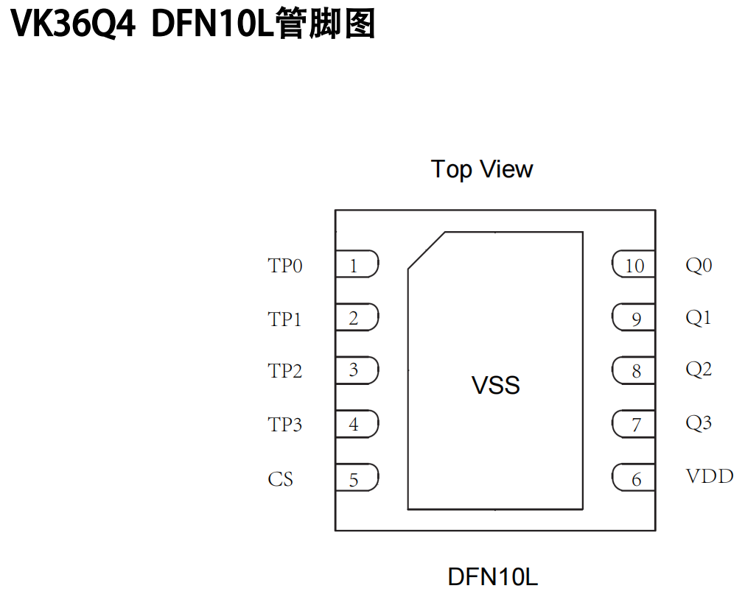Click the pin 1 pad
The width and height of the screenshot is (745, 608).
tap(357, 265)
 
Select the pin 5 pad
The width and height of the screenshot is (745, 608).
tap(357, 479)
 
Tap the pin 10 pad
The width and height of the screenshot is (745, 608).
tap(634, 265)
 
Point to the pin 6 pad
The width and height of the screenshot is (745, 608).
tap(634, 479)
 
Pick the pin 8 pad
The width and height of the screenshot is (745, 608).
tap(634, 371)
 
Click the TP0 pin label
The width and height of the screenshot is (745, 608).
tap(285, 266)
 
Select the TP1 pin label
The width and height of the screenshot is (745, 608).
tap(285, 319)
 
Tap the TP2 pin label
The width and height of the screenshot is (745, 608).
tap(285, 371)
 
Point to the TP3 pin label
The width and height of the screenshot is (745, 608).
tap(285, 425)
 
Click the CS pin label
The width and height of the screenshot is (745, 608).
tap(281, 479)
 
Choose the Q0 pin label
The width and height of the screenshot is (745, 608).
tap(699, 265)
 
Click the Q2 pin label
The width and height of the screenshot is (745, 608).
tap(699, 369)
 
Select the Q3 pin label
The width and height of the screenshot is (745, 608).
tap(699, 423)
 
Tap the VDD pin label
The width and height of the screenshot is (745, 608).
tap(710, 476)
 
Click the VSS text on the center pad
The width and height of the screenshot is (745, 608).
tap(496, 385)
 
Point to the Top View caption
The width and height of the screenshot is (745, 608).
tap(482, 169)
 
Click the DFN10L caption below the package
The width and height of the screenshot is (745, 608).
tap(493, 576)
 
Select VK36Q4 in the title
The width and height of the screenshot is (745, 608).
tap(74, 24)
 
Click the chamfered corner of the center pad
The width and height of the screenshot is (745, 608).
tap(427, 250)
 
